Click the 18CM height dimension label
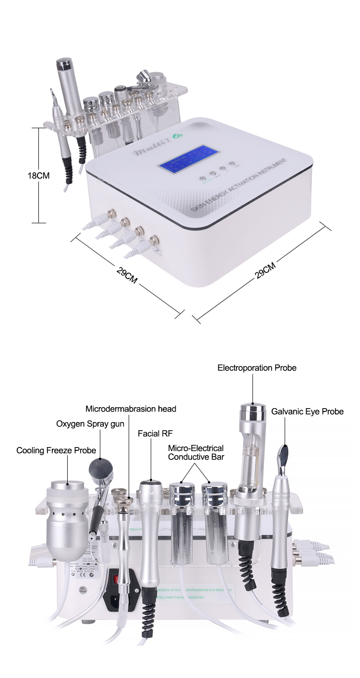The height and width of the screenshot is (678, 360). click(38, 176)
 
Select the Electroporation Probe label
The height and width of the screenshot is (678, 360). click(257, 368)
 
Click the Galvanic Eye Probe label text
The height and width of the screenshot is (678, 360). click(307, 412)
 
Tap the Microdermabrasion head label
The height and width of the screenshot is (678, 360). click(131, 409)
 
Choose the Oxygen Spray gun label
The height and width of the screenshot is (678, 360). click(90, 424)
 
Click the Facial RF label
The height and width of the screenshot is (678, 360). click(155, 433)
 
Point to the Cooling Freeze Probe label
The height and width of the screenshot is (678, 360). click(56, 450)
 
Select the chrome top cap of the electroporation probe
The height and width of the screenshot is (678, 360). click(253, 412)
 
